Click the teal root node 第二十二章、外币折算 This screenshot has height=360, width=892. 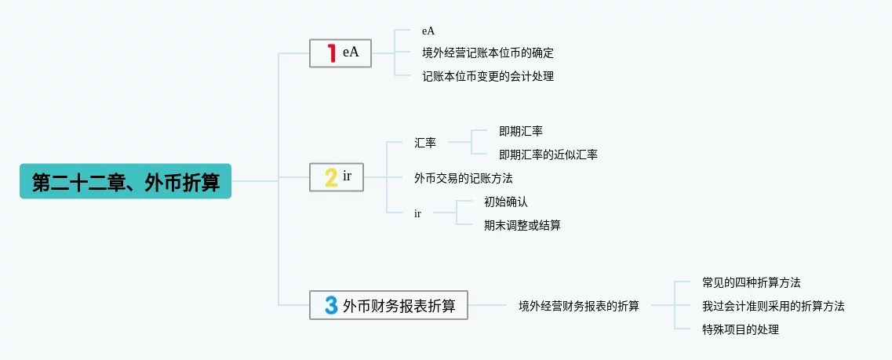pos(126,181)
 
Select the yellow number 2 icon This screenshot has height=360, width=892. pos(331,177)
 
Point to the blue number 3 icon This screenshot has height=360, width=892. pos(331,305)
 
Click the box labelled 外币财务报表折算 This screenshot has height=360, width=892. pos(399,305)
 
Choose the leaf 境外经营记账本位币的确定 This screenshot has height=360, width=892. pos(487,53)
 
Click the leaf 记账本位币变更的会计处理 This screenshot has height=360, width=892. pos(487,77)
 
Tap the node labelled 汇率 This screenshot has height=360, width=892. pos(425,143)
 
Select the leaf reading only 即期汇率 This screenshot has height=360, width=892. pos(520,131)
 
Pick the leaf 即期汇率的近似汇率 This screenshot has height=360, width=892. pos(548,155)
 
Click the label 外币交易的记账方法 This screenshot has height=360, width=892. pos(463,178)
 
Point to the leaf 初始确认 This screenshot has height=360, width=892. pos(506,202)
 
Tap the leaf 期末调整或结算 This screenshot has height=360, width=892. pos(522,225)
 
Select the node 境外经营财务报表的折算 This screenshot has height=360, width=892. pos(578,306)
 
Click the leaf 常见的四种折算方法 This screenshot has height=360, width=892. pos(751,282)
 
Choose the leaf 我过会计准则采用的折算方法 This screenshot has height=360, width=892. pos(773,306)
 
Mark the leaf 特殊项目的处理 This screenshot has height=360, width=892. pos(740,329)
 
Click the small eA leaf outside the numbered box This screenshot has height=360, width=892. pos(428,31)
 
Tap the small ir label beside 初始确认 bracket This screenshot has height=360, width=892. pos(417,213)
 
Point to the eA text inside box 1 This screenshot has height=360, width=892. pos(351,53)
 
